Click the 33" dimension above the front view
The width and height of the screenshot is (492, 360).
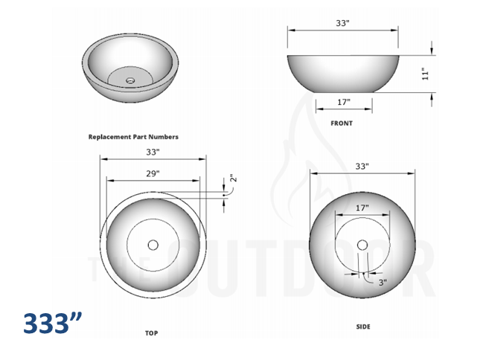[342, 23]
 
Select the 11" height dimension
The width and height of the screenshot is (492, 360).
[425, 74]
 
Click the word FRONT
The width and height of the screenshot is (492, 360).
[342, 123]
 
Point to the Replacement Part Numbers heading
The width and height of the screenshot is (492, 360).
[133, 137]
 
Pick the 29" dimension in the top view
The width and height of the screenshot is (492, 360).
[153, 173]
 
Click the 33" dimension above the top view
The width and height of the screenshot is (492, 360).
[153, 152]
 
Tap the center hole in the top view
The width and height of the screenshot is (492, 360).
[153, 244]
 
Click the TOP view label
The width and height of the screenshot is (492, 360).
[151, 333]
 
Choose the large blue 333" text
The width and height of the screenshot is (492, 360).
[51, 324]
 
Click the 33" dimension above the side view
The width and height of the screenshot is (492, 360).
[362, 167]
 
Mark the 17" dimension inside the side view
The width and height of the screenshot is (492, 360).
[362, 208]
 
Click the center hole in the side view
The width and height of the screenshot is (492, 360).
[362, 244]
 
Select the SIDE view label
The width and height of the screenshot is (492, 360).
[362, 327]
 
